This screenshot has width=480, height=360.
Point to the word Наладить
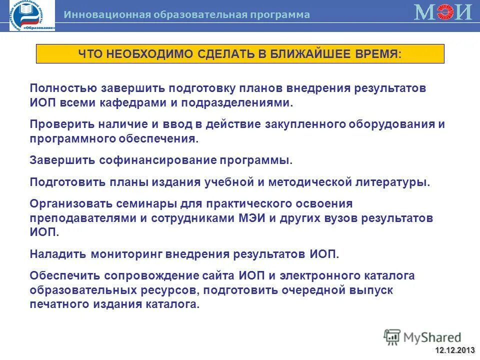click(57, 254)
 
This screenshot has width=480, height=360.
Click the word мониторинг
click(131, 254)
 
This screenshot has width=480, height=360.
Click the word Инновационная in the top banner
click(107, 15)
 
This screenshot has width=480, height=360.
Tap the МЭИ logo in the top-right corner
click(443, 12)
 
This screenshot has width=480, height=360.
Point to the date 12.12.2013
click(455, 349)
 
